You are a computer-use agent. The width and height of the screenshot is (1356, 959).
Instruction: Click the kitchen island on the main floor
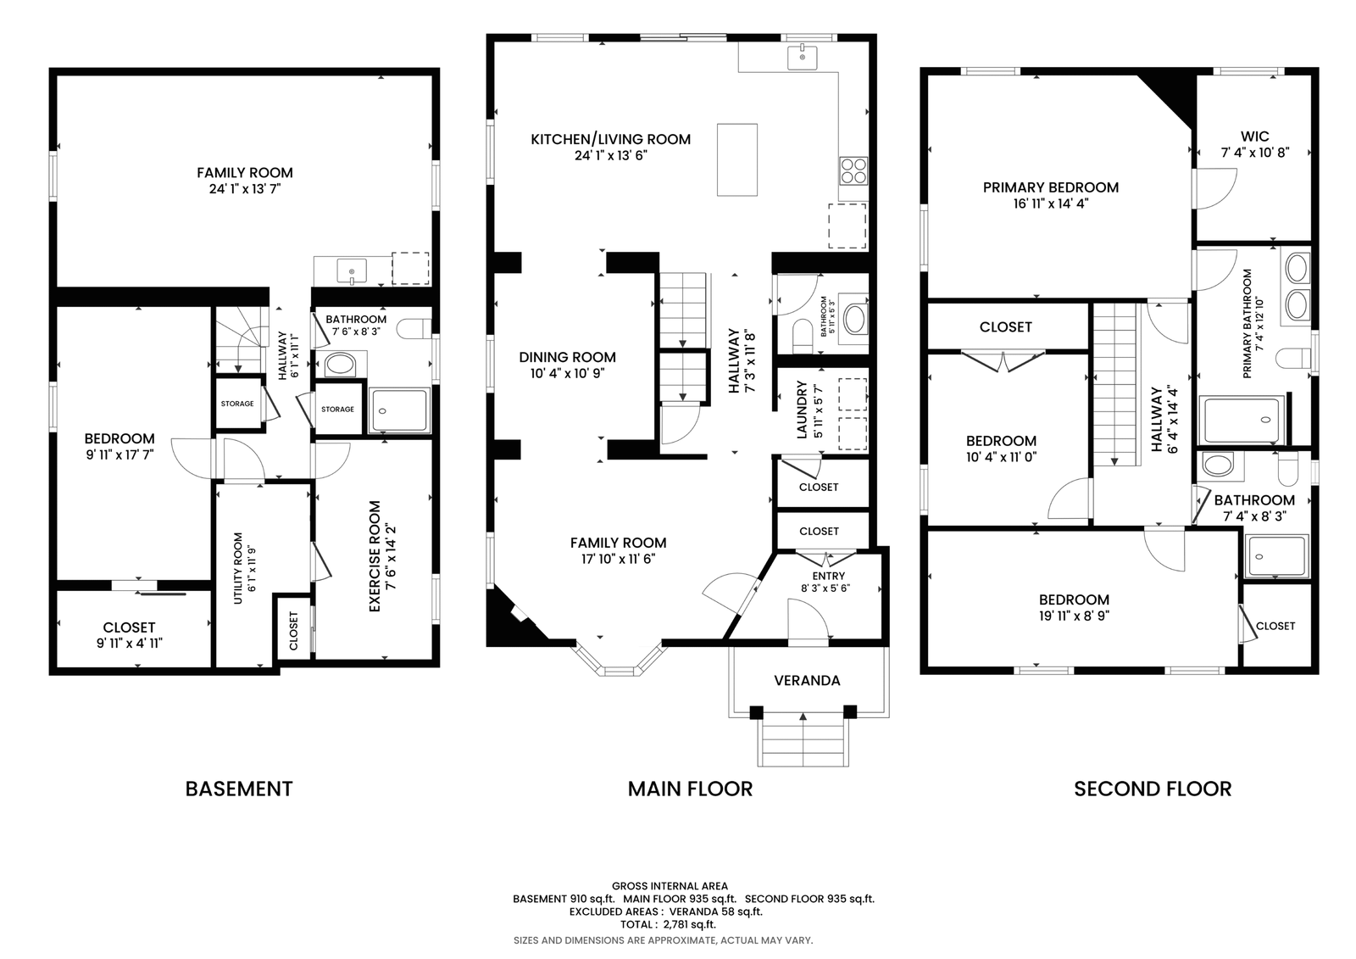[736, 160]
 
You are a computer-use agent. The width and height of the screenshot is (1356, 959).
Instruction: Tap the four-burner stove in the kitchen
[853, 170]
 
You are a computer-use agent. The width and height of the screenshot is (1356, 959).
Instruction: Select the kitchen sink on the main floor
[802, 56]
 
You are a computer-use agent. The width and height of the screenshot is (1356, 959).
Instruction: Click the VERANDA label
[807, 680]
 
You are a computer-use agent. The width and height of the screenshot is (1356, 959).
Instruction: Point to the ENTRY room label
[828, 576]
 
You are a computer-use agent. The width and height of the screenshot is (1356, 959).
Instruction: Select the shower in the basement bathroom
[399, 410]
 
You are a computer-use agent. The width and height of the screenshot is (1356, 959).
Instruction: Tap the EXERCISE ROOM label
[375, 556]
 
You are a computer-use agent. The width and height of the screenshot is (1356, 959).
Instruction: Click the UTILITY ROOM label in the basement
[238, 568]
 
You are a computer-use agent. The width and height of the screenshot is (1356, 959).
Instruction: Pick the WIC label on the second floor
[1254, 137]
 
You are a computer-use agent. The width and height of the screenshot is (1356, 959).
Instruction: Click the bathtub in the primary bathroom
[1242, 420]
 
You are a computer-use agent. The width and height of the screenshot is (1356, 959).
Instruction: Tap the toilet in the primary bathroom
[1293, 358]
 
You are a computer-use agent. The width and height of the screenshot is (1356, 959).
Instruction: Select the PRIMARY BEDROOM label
[1050, 187]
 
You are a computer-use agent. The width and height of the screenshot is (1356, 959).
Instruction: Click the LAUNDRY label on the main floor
[802, 410]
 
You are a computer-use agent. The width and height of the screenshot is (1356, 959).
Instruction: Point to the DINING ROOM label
[567, 358]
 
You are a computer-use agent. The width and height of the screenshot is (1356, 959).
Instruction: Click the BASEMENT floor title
[238, 789]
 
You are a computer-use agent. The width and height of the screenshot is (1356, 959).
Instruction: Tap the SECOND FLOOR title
[1153, 789]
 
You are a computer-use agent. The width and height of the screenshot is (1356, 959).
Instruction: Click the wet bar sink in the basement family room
[352, 270]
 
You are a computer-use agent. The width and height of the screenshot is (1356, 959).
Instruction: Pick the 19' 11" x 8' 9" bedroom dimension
[1074, 616]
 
